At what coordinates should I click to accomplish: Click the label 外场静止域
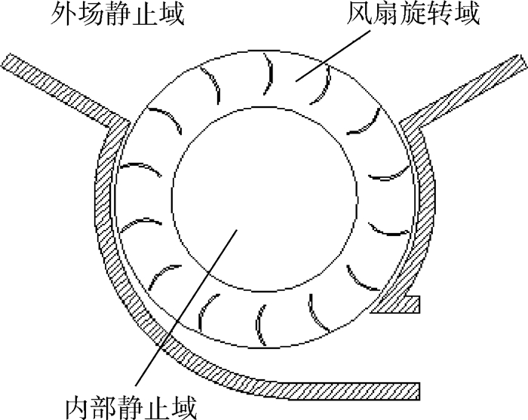118,14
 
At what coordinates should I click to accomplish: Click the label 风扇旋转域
413,14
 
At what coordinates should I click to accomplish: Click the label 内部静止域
130,407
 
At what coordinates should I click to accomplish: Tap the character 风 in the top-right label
360,14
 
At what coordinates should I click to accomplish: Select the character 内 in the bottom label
77,407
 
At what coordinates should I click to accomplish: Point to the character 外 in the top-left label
63,14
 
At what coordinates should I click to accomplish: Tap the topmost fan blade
269,73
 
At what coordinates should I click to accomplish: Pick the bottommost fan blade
259,325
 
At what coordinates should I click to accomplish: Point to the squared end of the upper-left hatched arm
6,60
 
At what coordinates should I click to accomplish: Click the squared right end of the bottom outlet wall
419,391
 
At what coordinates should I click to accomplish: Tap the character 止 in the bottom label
158,407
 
